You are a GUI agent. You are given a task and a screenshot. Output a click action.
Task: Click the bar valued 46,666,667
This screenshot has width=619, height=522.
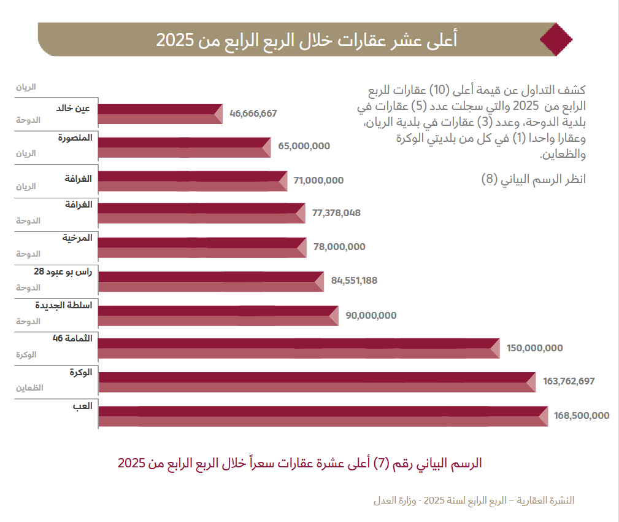(160, 114)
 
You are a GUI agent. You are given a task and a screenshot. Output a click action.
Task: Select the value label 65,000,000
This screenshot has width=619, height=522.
(304, 146)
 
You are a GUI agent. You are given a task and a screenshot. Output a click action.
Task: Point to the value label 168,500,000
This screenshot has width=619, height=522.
(581, 415)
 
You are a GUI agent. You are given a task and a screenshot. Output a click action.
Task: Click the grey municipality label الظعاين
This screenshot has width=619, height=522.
(29, 388)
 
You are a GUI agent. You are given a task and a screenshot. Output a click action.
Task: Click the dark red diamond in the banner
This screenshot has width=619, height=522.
(555, 39)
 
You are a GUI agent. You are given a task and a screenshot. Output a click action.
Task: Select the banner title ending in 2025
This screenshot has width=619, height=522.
(306, 40)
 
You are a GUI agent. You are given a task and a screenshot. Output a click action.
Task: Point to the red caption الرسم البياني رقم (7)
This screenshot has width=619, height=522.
(299, 463)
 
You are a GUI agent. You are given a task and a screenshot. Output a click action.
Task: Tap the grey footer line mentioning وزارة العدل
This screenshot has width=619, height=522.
(474, 500)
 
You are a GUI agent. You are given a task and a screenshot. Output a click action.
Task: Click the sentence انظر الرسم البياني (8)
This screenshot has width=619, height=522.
(534, 180)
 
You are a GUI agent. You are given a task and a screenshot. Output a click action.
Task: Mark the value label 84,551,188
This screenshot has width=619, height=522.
(354, 281)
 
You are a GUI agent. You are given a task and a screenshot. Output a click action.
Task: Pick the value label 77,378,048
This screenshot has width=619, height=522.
(336, 213)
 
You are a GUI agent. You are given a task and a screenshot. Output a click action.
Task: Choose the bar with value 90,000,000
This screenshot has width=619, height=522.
(218, 315)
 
